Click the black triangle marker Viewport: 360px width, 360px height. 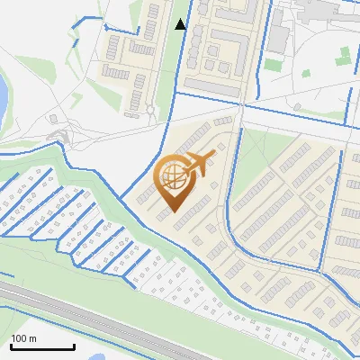(181, 24)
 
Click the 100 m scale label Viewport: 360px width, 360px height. (23, 338)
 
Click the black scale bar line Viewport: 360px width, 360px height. (41, 347)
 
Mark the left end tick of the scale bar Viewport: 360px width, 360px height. (10, 346)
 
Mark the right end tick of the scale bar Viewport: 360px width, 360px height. (74, 346)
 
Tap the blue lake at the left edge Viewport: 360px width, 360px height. (3, 91)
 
